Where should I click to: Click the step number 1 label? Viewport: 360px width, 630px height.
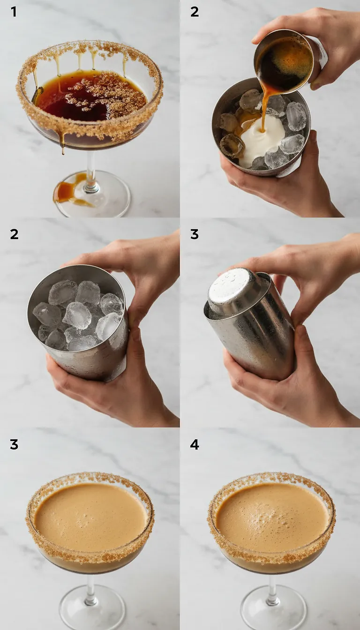pyautogui.click(x=14, y=12)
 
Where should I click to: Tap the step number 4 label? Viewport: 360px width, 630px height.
pyautogui.click(x=195, y=444)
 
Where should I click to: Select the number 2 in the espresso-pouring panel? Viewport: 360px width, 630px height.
pyautogui.click(x=195, y=12)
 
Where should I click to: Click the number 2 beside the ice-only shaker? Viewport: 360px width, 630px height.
pyautogui.click(x=14, y=233)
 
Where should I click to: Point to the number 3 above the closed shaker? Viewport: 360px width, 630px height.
pyautogui.click(x=195, y=233)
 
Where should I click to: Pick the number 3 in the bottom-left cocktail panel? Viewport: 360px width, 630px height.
pyautogui.click(x=14, y=444)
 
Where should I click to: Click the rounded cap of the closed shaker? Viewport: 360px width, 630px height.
pyautogui.click(x=233, y=288)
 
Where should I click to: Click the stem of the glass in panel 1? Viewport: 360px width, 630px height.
pyautogui.click(x=90, y=169)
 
